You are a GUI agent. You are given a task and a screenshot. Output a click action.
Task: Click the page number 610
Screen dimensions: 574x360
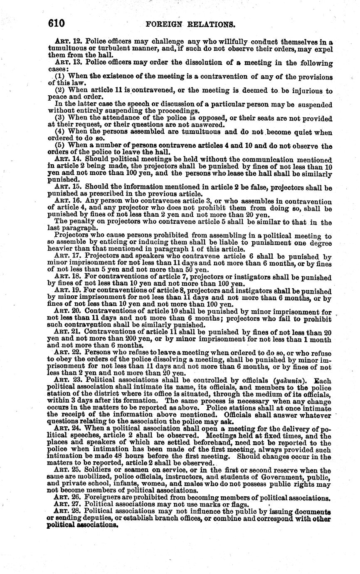click(x=57, y=23)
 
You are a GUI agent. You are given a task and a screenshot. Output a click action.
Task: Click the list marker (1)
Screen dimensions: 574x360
click(x=61, y=77)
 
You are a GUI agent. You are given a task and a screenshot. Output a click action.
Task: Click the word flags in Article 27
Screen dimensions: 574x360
click(x=238, y=505)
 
